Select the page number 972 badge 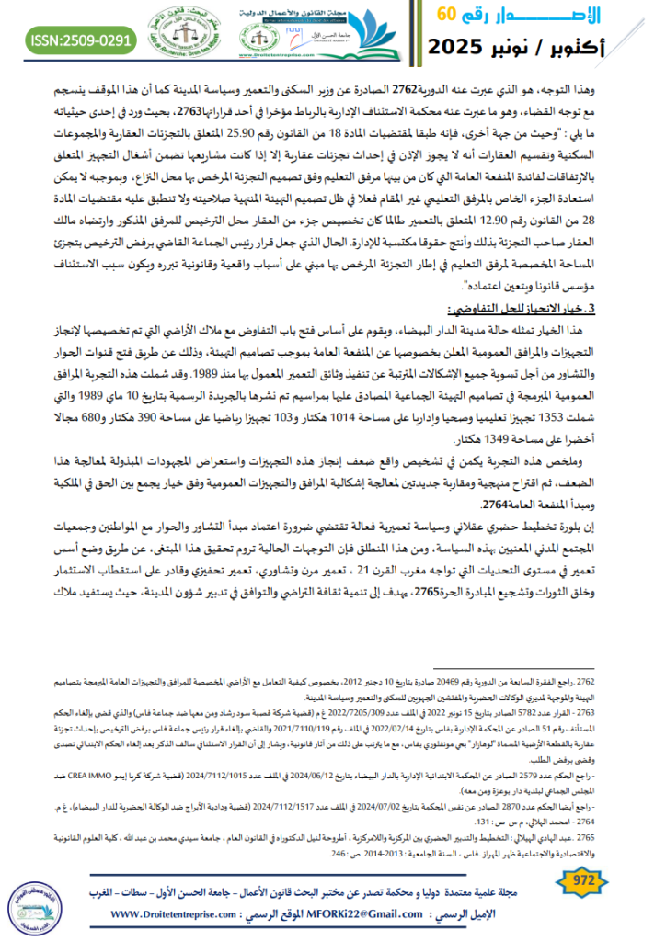coord(584,880)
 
